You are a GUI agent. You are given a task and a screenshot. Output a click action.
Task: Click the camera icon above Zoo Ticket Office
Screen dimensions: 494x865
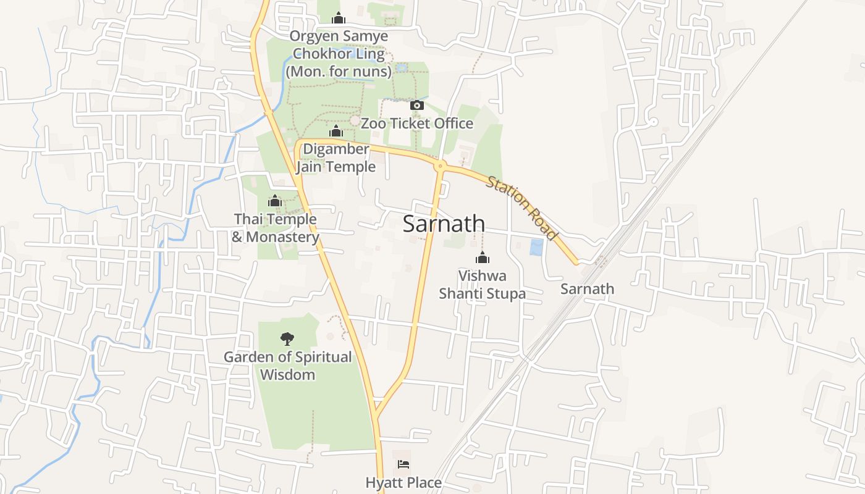(x=417, y=105)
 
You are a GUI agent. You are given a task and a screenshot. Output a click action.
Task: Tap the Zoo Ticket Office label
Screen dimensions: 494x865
(x=417, y=124)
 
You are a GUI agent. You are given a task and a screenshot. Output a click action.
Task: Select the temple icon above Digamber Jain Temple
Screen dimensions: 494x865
(x=336, y=131)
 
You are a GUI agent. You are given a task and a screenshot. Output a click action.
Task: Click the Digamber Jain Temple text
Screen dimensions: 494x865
(x=335, y=158)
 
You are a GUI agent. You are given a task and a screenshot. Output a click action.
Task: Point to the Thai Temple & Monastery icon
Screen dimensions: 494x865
(x=275, y=201)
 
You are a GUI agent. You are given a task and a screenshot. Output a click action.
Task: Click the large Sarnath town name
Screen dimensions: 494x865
(x=444, y=224)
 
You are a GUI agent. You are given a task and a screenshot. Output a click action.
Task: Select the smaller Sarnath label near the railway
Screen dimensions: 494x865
(x=587, y=289)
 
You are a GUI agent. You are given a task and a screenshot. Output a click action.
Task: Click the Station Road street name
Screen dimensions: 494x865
(x=522, y=208)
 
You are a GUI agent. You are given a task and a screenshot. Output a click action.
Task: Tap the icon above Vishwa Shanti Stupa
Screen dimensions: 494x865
(x=482, y=257)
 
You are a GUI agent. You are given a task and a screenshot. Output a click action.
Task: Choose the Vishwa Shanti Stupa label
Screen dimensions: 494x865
(x=482, y=284)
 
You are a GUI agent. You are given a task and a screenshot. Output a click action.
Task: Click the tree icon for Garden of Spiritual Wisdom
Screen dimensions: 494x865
(x=287, y=338)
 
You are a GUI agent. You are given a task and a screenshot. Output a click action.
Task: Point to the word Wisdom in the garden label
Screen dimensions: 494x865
(x=287, y=375)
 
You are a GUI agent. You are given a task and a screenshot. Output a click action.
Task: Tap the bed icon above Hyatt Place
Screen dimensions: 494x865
(x=403, y=464)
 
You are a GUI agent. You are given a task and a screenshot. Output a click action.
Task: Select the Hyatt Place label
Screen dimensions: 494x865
(x=403, y=483)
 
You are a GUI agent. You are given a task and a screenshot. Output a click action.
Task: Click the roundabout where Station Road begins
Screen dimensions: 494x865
(x=441, y=165)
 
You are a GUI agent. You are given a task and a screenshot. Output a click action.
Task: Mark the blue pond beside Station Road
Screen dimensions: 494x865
(x=536, y=248)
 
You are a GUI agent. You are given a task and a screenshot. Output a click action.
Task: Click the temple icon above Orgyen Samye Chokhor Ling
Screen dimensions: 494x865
(x=338, y=18)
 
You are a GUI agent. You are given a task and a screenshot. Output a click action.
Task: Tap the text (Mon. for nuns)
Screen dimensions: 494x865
(x=339, y=72)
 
